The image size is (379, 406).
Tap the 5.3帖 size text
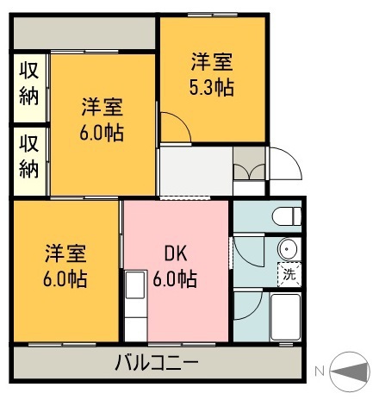point(212,86)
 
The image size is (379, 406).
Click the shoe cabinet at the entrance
point(251,165)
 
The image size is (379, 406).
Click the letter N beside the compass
point(320,372)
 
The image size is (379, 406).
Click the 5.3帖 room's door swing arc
point(177,129)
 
